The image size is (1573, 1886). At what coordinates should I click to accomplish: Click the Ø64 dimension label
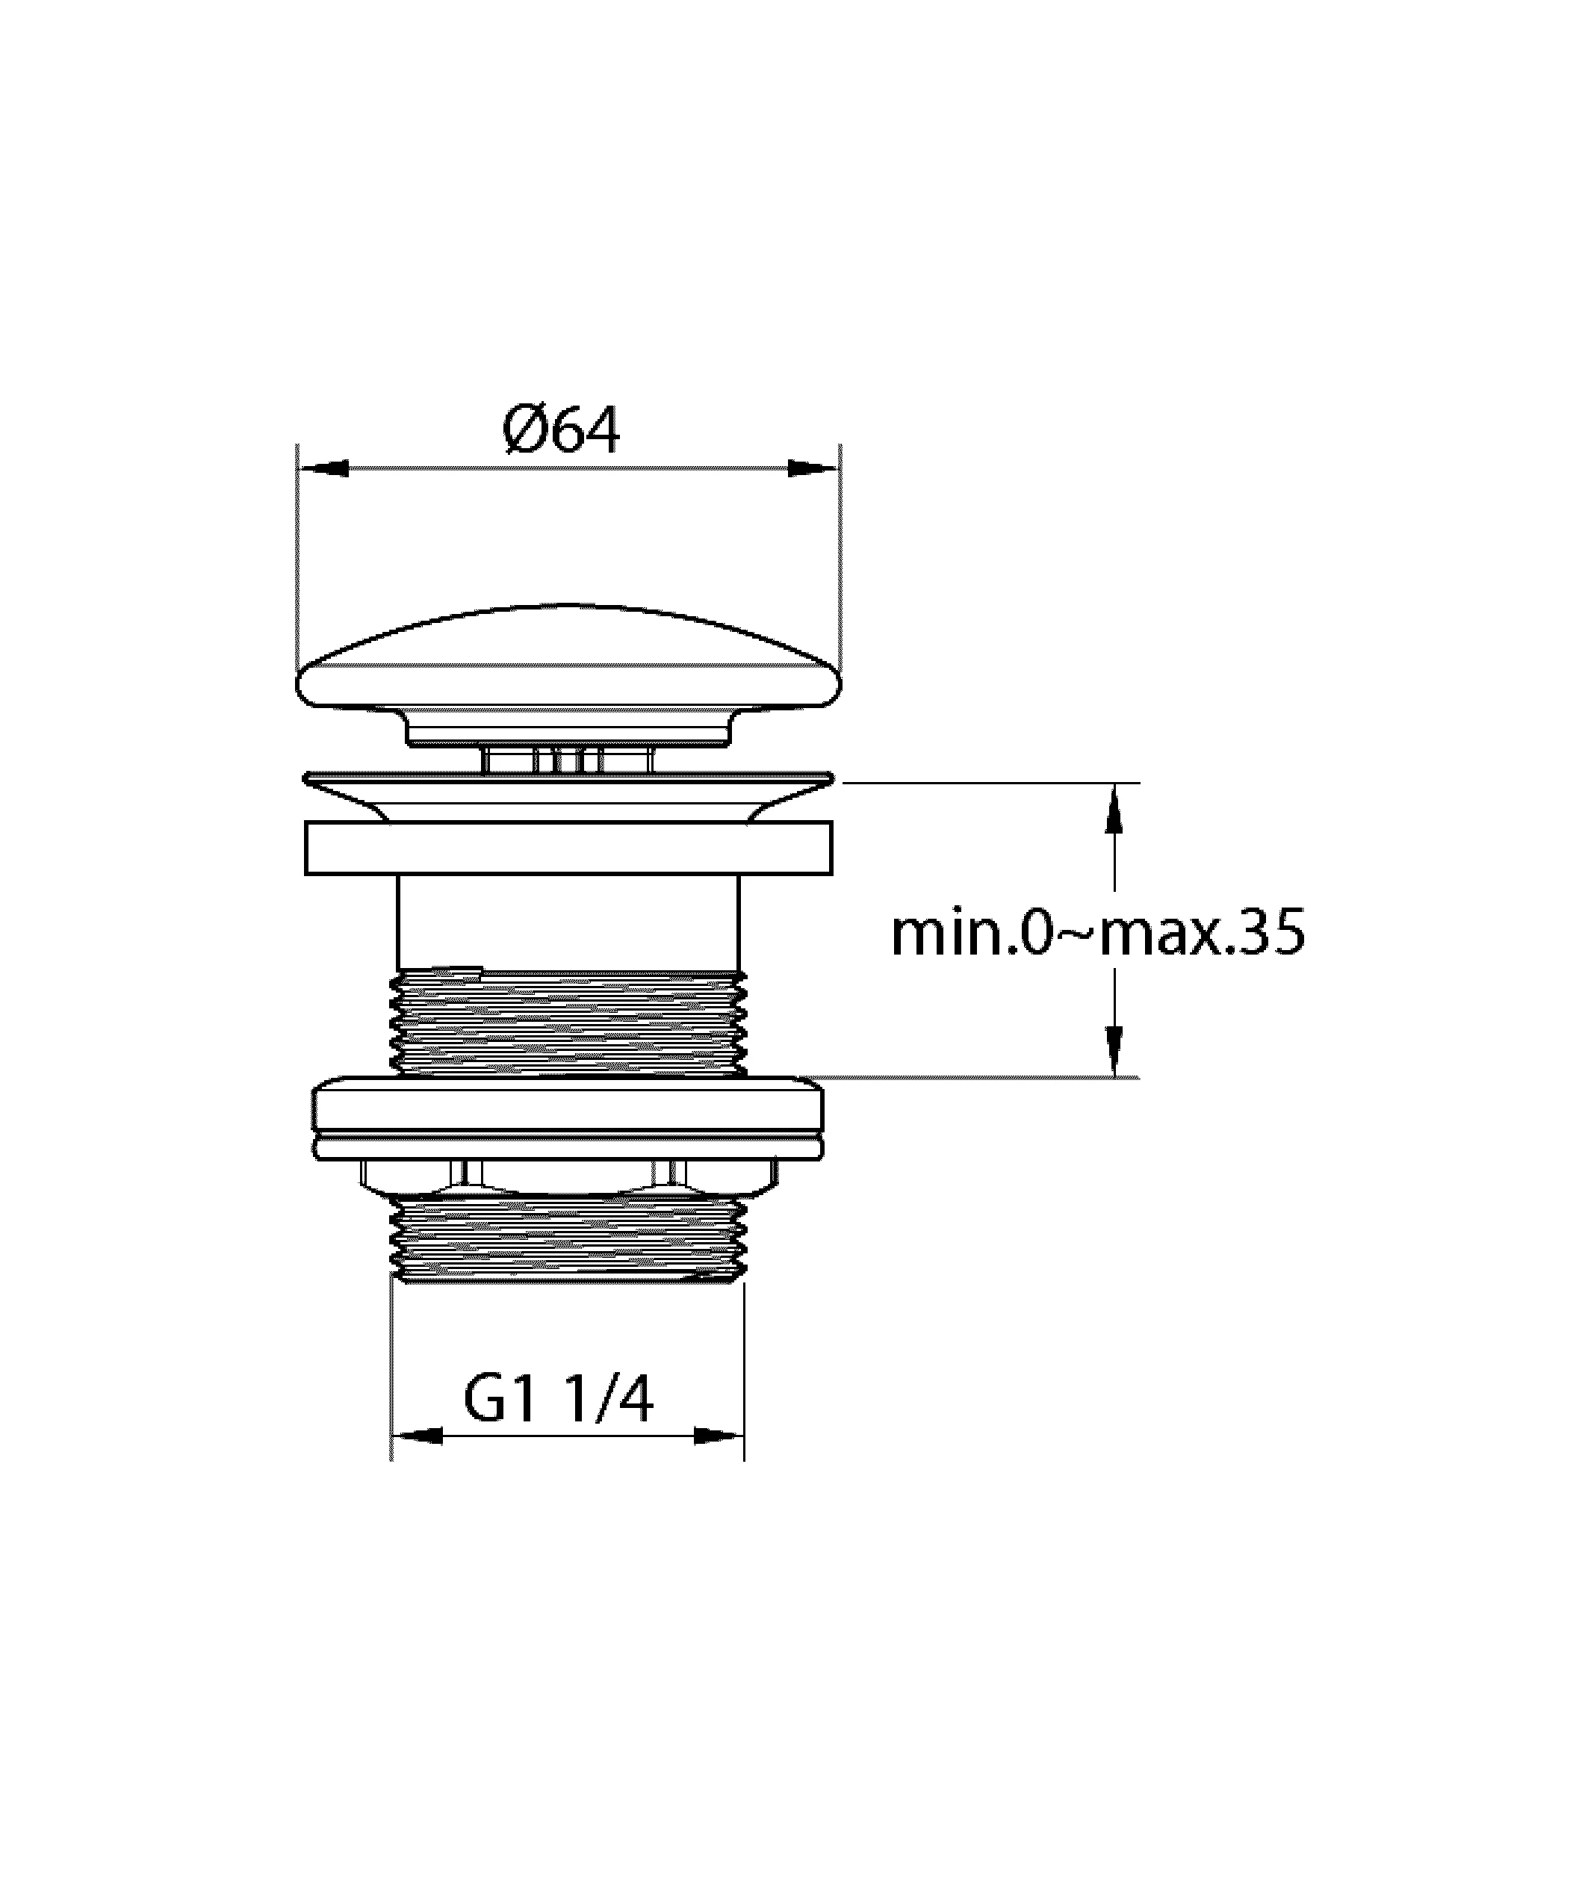tap(561, 431)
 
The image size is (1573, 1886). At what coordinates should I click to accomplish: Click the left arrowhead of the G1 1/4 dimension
tap(418, 1436)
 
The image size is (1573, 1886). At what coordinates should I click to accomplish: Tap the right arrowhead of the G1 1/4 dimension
tap(719, 1436)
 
